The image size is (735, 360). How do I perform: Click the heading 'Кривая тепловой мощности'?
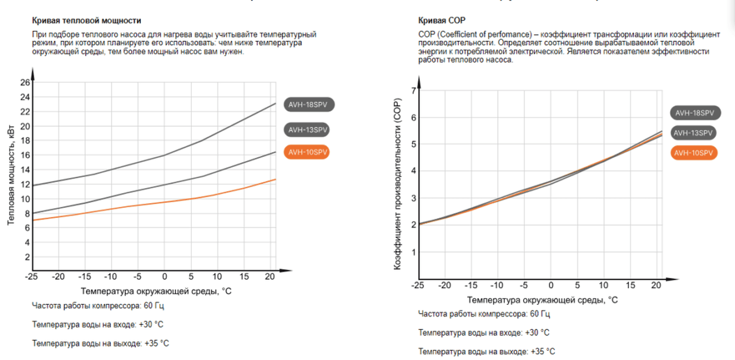(86, 20)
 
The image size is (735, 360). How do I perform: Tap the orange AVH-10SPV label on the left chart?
(308, 152)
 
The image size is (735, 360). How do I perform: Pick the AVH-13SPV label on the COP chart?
(693, 133)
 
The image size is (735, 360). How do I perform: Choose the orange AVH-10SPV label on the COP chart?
(694, 153)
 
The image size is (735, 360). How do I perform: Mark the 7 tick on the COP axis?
(414, 91)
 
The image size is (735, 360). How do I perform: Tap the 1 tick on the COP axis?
(414, 252)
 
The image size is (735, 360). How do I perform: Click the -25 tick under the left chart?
(32, 277)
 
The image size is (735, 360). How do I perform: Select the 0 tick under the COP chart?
(551, 285)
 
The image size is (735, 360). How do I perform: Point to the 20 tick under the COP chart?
(657, 285)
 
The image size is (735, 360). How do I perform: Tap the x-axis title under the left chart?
(156, 292)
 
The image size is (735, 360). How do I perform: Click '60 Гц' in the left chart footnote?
(155, 306)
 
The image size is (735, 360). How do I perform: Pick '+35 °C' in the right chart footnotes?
(543, 351)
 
